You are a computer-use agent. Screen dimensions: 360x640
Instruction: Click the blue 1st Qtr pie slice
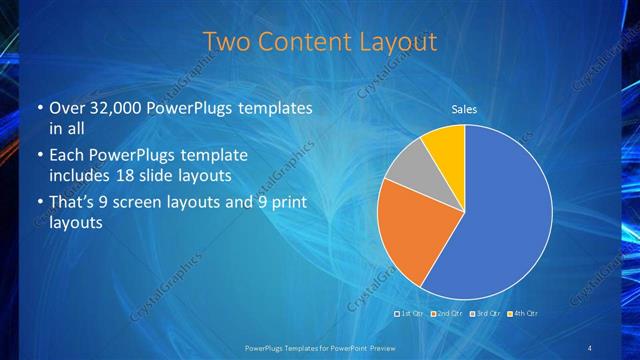pos(500,220)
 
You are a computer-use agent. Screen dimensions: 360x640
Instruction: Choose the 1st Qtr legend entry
pos(411,313)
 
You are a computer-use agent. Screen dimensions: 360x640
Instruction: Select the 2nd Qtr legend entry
pos(448,313)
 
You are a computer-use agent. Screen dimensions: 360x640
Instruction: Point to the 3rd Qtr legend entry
pos(485,313)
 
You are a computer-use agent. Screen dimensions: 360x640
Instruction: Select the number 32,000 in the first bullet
pos(116,107)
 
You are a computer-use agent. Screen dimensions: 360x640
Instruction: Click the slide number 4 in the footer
pos(589,348)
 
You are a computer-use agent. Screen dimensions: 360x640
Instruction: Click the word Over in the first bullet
pos(68,107)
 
